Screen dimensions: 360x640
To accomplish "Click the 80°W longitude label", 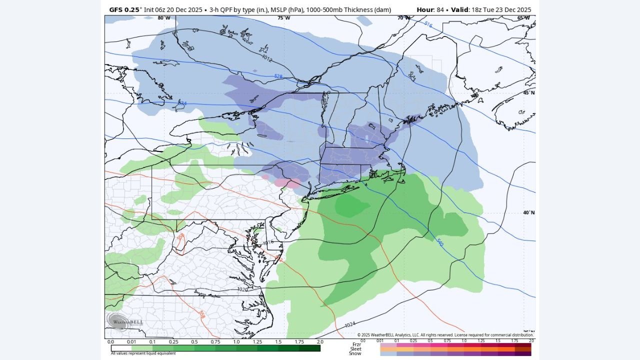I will point(163,18).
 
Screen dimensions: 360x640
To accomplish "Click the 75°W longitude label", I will point(283,18).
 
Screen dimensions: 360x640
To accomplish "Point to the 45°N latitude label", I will point(529,92).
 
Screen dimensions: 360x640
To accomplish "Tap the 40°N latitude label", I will point(529,212).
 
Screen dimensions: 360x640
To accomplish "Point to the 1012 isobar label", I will point(267,58).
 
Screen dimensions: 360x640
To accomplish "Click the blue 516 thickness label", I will point(428,24).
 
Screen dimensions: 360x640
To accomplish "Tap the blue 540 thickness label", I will point(439,242).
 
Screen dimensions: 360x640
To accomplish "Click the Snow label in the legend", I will point(355,353).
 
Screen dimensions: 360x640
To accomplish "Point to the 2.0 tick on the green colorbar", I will point(320,342).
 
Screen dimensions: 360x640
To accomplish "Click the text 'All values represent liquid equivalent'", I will point(143,353).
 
